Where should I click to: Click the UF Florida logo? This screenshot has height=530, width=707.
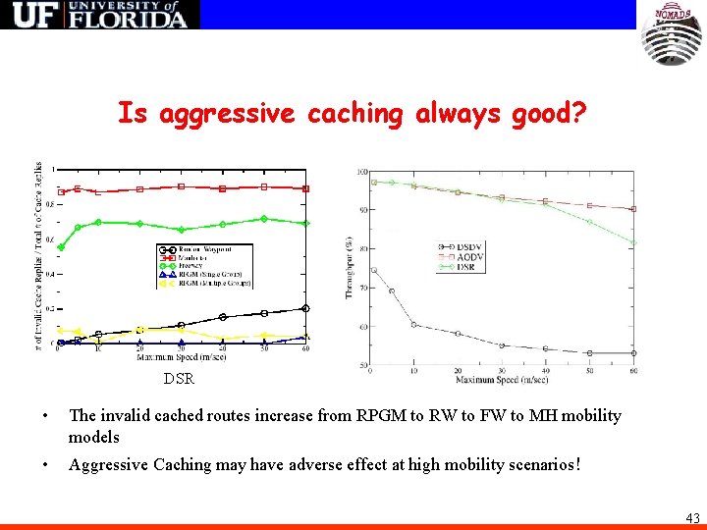pyautogui.click(x=100, y=15)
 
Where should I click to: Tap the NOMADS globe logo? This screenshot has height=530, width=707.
pyautogui.click(x=672, y=34)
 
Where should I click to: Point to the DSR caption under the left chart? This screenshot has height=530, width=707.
pyautogui.click(x=179, y=378)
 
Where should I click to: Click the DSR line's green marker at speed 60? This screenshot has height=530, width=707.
pyautogui.click(x=633, y=242)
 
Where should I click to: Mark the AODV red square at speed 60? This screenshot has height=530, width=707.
pyautogui.click(x=633, y=209)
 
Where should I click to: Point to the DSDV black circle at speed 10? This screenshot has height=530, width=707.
pyautogui.click(x=413, y=324)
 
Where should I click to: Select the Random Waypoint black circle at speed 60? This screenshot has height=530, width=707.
pyautogui.click(x=305, y=308)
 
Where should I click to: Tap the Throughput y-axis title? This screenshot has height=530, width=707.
pyautogui.click(x=349, y=266)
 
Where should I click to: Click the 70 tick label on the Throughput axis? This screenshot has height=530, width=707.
pyautogui.click(x=362, y=287)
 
